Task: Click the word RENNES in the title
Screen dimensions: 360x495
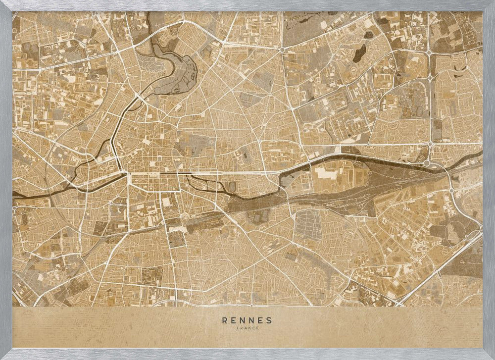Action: (x=247, y=320)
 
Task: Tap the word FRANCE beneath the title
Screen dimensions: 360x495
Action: (x=247, y=327)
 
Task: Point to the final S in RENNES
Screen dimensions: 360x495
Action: (x=269, y=320)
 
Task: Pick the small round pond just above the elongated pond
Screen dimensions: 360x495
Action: (x=369, y=36)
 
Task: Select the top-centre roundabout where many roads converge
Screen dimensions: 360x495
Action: (x=282, y=50)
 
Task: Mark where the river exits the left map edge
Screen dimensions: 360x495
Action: (x=14, y=194)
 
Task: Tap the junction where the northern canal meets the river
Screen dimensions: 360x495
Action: (x=124, y=173)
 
